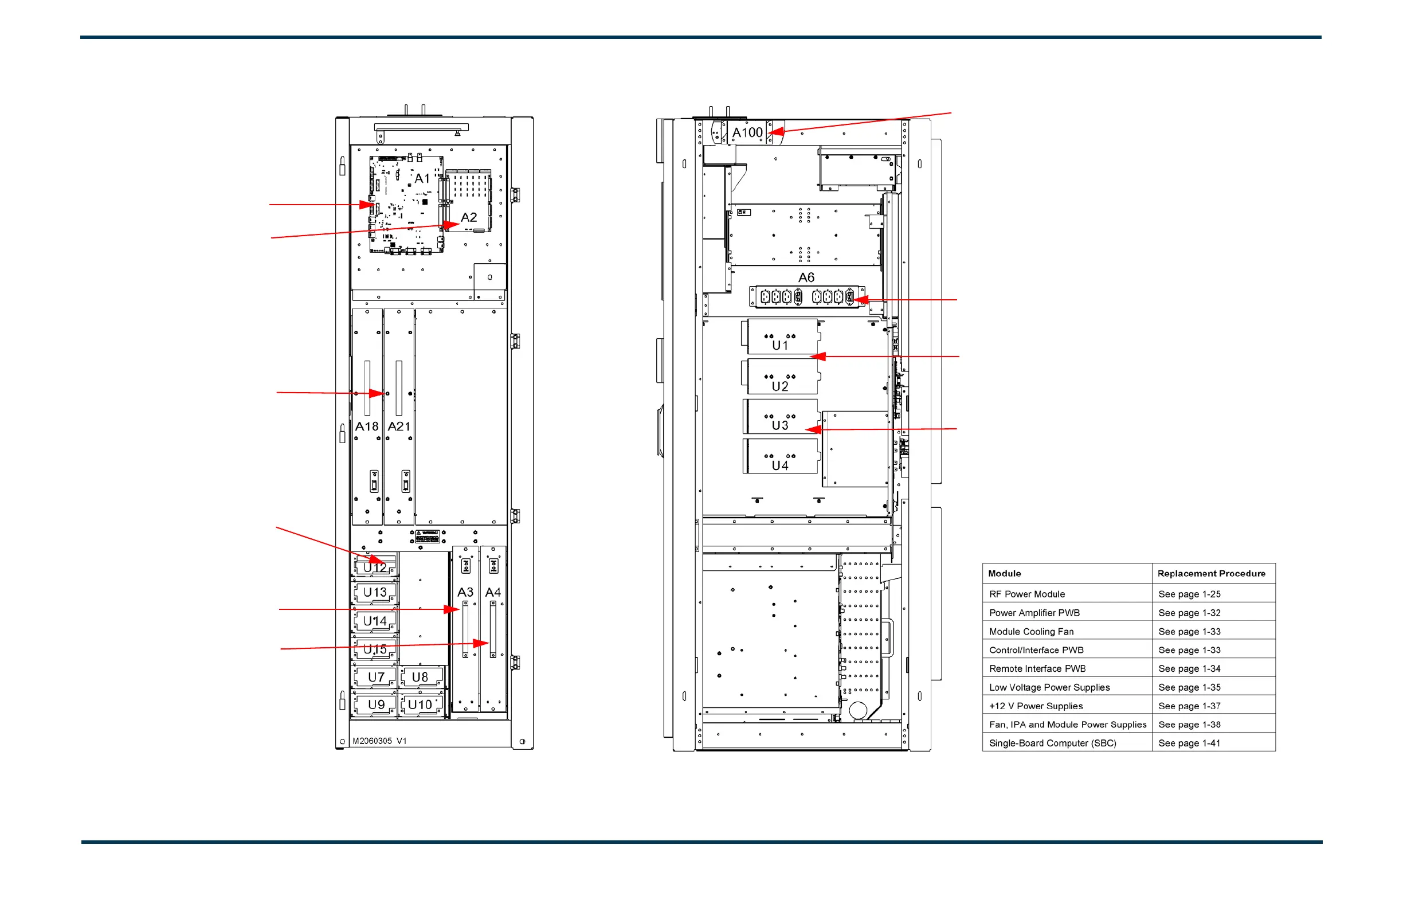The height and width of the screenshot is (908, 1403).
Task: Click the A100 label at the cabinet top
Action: click(x=747, y=132)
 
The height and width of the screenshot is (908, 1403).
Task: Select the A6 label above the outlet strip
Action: click(x=806, y=277)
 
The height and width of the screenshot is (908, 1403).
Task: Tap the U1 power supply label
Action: click(x=780, y=346)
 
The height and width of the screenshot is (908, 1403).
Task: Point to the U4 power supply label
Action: click(x=780, y=465)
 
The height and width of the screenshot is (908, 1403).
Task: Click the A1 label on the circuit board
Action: click(x=422, y=178)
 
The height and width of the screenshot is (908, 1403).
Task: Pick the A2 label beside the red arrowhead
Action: click(x=469, y=218)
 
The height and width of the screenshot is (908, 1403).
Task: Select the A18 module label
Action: click(x=367, y=426)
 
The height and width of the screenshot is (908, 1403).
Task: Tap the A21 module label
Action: click(x=399, y=426)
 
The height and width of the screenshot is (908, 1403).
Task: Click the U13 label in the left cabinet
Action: click(x=375, y=592)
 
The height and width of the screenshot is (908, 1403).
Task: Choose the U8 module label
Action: click(x=420, y=677)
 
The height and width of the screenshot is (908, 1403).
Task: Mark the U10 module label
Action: click(x=420, y=705)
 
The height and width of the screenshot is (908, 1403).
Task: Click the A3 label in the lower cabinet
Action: click(x=465, y=592)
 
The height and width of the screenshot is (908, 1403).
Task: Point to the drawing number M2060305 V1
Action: click(x=379, y=741)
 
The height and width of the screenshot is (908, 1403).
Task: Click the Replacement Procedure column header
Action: click(x=1212, y=574)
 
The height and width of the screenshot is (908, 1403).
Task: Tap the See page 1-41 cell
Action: click(x=1190, y=743)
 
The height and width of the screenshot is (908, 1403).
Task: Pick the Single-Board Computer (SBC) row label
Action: click(x=1053, y=743)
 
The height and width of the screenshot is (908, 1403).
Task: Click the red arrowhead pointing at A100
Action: click(x=776, y=132)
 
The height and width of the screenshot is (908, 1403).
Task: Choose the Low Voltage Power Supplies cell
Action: click(x=1049, y=687)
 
